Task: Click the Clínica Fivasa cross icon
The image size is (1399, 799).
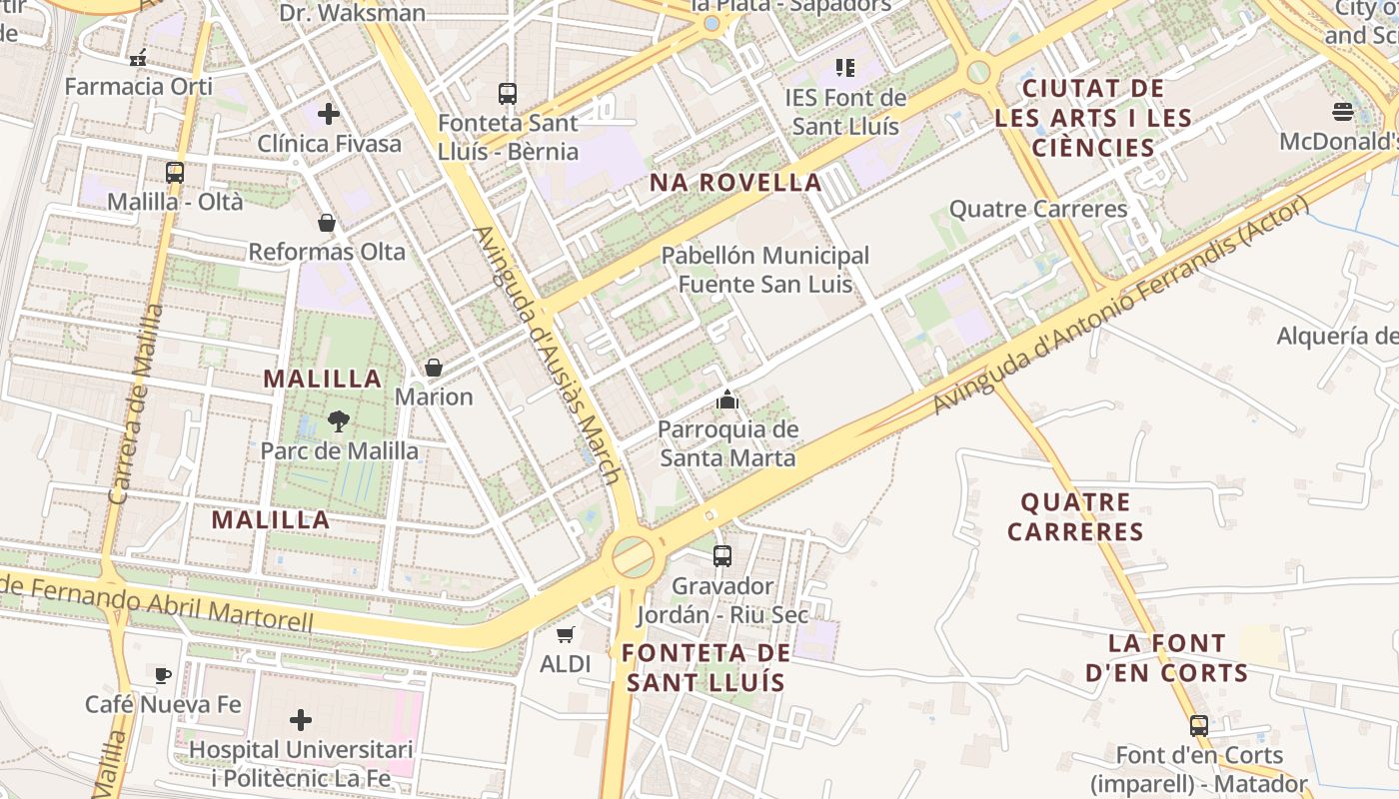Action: click(329, 114)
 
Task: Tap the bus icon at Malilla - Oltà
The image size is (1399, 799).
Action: click(175, 172)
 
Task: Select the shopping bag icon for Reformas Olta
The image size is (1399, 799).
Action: click(327, 222)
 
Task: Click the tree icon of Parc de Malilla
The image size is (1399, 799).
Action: click(339, 420)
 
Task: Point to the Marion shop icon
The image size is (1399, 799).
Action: click(434, 368)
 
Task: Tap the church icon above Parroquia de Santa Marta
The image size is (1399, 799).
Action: click(727, 400)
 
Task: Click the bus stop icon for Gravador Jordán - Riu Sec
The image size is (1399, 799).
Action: click(722, 555)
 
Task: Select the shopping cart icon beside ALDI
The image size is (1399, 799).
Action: click(566, 634)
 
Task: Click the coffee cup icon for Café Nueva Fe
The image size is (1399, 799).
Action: click(163, 675)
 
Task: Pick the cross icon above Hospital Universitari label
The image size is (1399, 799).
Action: click(300, 719)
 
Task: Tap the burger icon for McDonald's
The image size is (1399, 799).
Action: click(1343, 111)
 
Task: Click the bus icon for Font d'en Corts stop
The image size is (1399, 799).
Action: click(1198, 725)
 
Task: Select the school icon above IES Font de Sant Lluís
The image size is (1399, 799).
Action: click(845, 68)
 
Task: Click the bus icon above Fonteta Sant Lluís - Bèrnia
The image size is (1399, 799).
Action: click(508, 94)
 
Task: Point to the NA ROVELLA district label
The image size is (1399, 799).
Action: click(735, 183)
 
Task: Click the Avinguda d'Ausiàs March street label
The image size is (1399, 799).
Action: click(548, 355)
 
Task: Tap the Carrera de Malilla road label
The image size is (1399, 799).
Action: click(137, 404)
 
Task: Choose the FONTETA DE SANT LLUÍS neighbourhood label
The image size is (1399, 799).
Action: click(705, 668)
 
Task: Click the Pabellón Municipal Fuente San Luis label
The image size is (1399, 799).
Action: click(765, 270)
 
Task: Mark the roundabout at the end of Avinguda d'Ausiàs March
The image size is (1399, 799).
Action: click(634, 556)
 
